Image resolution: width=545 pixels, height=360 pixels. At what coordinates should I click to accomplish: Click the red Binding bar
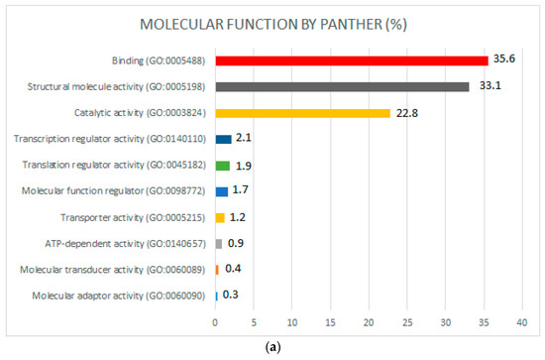click(352, 60)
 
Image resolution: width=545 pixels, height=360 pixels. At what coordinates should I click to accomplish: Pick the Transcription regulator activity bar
click(223, 139)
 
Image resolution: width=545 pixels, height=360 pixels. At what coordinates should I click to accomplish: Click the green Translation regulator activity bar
click(222, 165)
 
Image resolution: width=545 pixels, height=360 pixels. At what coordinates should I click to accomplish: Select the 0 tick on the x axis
click(215, 321)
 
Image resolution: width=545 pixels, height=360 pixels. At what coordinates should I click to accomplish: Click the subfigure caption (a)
click(273, 350)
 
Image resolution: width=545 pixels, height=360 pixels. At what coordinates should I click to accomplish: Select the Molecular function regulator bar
click(221, 190)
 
